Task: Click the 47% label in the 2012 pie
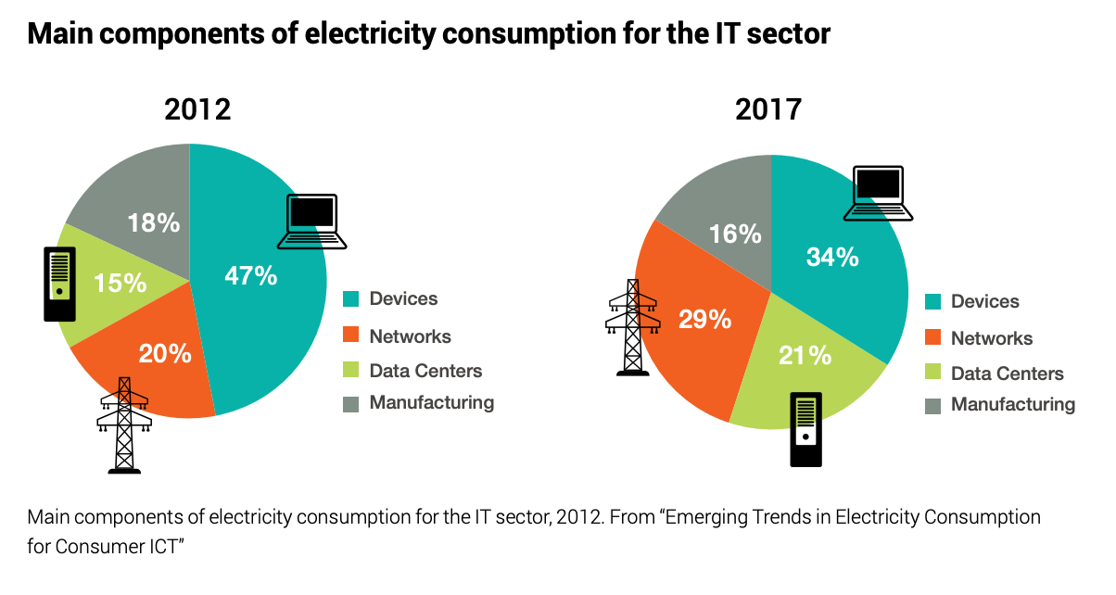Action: (x=250, y=276)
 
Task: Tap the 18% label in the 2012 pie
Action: (x=153, y=223)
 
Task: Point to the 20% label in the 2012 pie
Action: (x=165, y=353)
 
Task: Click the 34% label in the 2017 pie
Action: (x=832, y=257)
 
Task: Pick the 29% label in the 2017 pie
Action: (x=705, y=320)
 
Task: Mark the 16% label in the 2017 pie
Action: (x=735, y=234)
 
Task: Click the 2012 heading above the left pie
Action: (x=197, y=110)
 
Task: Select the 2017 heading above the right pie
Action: (x=768, y=110)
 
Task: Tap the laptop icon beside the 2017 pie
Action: (x=878, y=194)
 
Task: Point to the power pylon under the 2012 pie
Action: (x=124, y=425)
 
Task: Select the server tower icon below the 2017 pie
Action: (x=806, y=429)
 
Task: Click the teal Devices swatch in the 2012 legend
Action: (x=350, y=299)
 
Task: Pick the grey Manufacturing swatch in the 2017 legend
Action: (x=932, y=405)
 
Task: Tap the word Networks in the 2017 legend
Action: (x=992, y=338)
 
